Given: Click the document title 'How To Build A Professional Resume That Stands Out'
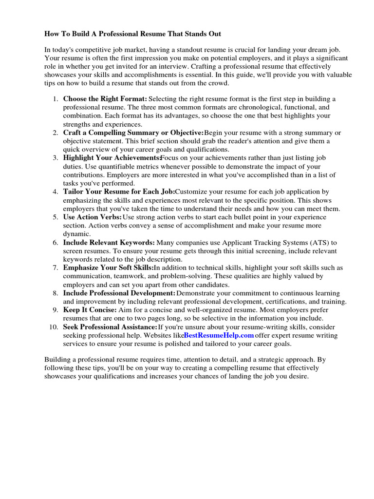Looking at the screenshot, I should coord(132,34).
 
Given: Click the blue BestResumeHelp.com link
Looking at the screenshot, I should coord(219,335).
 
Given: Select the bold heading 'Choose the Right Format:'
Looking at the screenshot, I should coord(105,98).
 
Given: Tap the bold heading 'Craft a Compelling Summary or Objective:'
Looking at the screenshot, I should coord(133,133).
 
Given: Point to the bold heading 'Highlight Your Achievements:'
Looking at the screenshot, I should coord(112,158).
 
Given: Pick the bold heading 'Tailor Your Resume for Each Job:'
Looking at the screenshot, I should coord(119,192).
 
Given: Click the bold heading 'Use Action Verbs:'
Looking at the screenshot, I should coord(93,217).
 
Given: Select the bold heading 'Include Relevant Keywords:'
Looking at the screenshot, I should coord(109,242).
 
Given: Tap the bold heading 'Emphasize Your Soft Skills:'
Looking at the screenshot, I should coord(108,268).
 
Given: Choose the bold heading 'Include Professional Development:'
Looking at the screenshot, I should coord(119,293).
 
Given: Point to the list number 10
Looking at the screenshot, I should coord(54,326).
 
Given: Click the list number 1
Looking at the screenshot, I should coord(55,98).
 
